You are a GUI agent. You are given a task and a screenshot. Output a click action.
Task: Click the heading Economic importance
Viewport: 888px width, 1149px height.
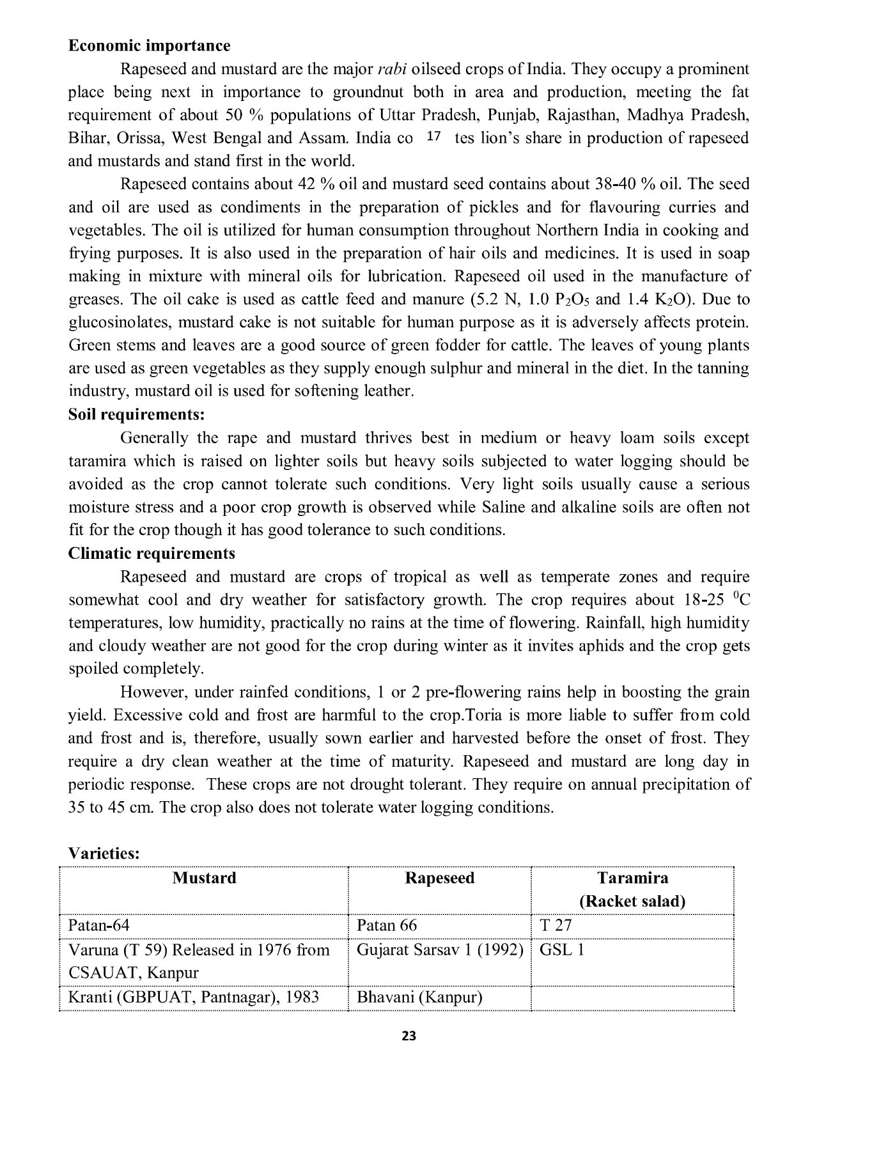coord(149,46)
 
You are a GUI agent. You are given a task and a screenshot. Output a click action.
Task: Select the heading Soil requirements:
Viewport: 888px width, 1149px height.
coord(136,414)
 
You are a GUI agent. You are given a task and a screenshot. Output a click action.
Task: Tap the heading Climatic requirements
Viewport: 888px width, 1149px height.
coord(152,553)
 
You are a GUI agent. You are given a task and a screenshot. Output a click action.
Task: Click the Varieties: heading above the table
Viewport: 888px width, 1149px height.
coord(104,854)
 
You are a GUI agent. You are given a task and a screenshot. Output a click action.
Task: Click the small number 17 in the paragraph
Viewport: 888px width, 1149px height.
coord(433,136)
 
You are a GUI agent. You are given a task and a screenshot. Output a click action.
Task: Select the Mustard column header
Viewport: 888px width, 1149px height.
coord(204,878)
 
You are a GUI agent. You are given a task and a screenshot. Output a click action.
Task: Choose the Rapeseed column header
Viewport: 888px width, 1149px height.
coord(440,878)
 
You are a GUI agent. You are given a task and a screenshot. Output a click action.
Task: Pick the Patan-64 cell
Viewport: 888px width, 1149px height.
coord(99,926)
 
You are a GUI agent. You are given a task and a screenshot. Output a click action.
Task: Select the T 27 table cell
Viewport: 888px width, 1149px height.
coord(556,926)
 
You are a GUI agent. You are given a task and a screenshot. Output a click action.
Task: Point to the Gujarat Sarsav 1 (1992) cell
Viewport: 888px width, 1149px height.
coord(440,950)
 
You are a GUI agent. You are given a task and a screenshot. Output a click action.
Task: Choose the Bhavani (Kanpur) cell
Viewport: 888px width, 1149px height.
coord(419,997)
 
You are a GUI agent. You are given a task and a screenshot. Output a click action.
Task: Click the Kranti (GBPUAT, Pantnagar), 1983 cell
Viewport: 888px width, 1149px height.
coord(193,997)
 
